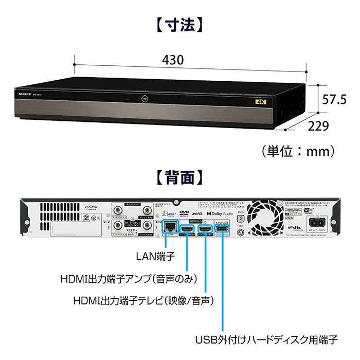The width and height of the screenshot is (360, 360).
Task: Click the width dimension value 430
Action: click(173, 60)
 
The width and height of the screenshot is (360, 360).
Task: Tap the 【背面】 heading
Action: click(180, 178)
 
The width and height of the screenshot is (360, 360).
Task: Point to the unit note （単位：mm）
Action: click(298, 151)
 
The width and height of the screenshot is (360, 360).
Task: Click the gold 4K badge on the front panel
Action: click(258, 101)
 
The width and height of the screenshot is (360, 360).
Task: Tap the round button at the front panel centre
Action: click(146, 97)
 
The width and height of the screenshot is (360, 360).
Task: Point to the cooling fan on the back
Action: click(263, 217)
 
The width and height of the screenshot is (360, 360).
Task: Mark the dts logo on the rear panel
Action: click(295, 227)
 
